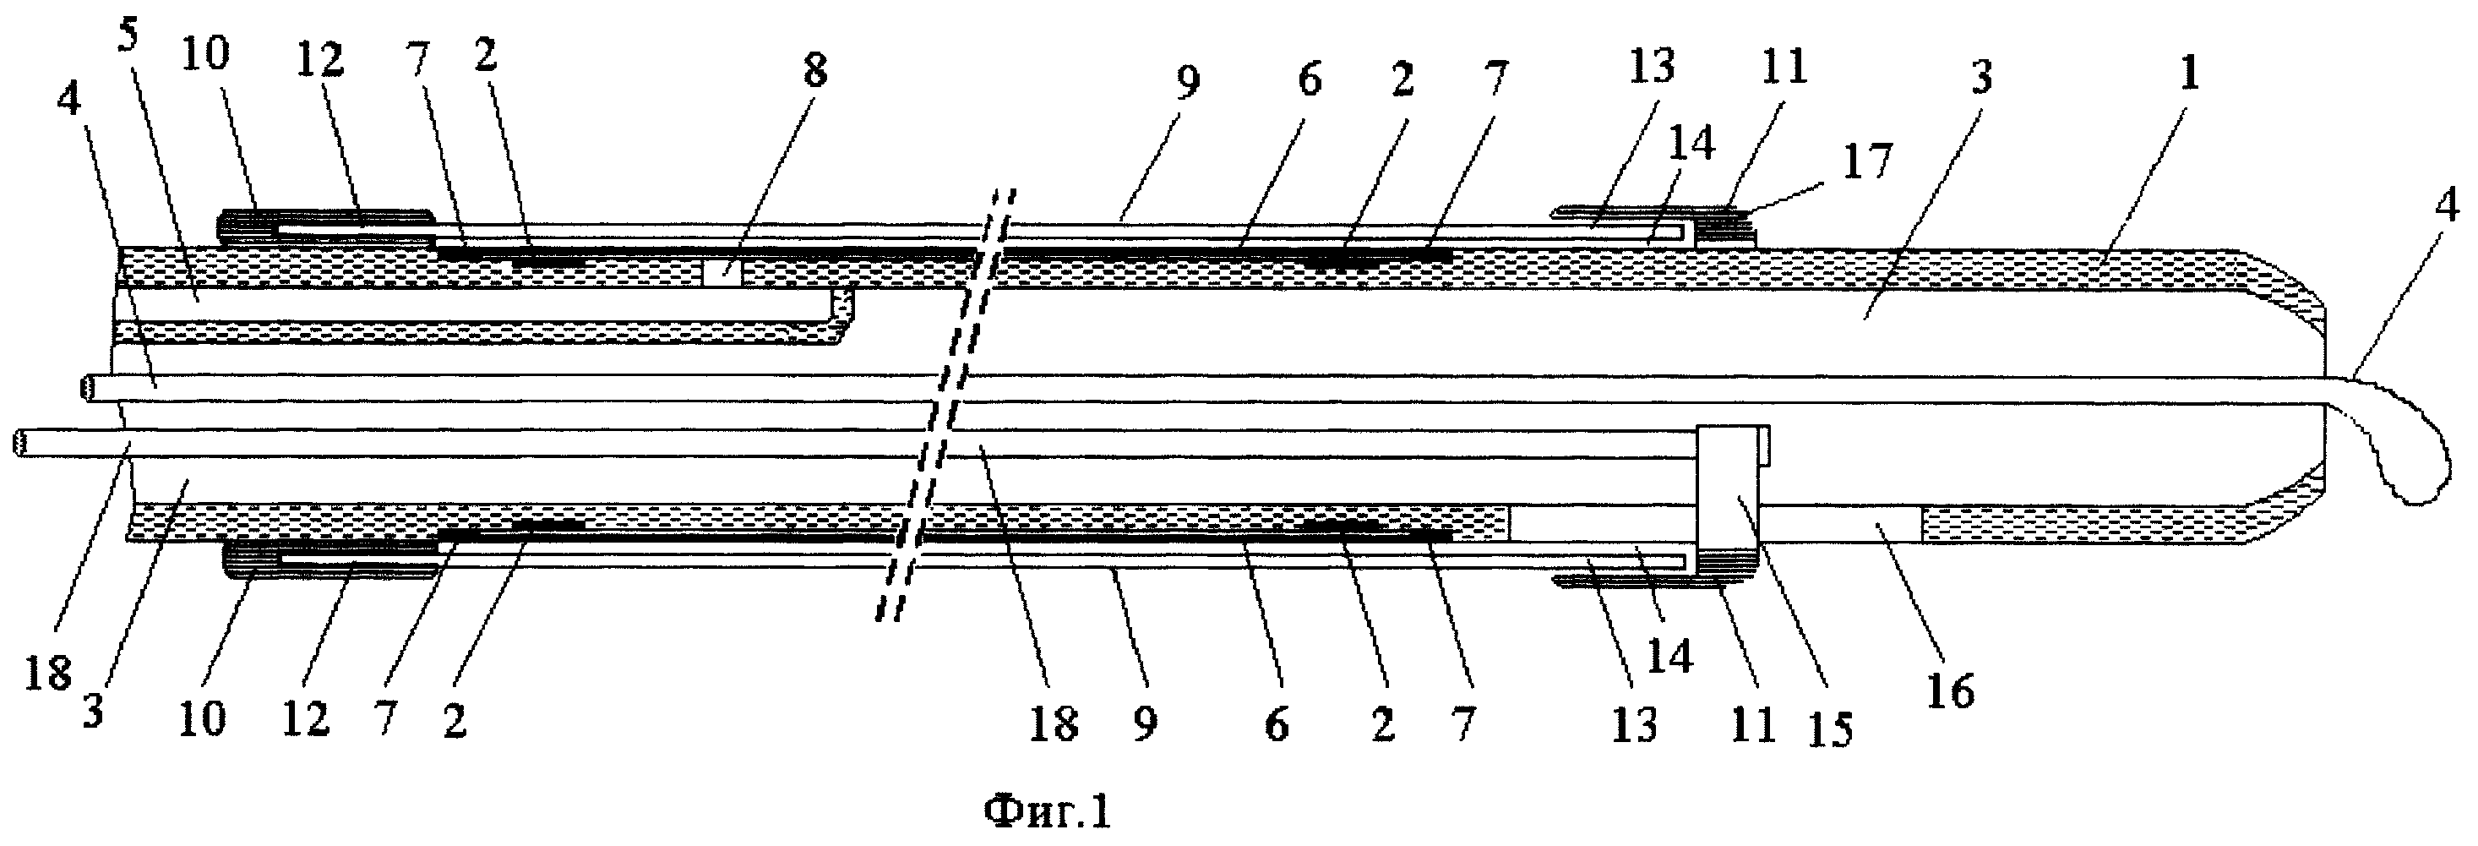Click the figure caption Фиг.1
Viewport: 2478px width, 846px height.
1047,811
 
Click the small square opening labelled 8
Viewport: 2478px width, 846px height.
722,270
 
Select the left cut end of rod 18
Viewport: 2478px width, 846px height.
19,444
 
